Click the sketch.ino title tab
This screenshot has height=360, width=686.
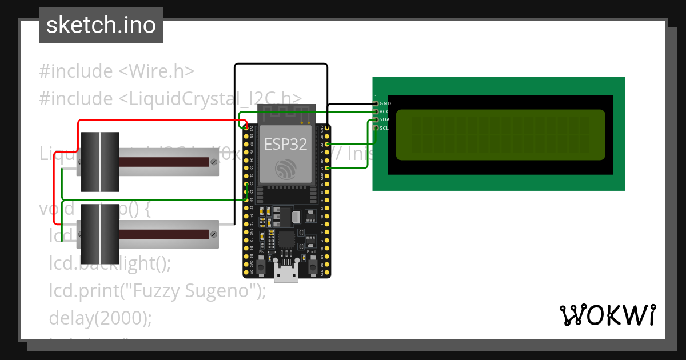coord(101,25)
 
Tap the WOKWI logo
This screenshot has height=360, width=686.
coord(607,315)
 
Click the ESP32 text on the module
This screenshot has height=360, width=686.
coord(285,145)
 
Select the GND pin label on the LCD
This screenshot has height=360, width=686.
coord(385,103)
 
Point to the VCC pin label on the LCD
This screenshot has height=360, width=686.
coord(385,111)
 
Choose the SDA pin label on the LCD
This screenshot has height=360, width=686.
coord(385,120)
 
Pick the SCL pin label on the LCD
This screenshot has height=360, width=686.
coord(384,128)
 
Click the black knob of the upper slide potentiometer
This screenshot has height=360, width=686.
coord(100,162)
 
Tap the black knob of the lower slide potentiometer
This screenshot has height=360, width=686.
coord(100,234)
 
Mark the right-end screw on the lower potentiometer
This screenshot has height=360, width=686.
coord(213,234)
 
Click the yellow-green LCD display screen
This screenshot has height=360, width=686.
coord(500,135)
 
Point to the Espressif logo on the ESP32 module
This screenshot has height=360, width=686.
coord(285,169)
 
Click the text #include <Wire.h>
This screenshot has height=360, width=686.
coord(117,71)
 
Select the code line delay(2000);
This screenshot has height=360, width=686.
coord(101,317)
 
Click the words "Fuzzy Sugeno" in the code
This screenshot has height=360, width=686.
coord(193,291)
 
